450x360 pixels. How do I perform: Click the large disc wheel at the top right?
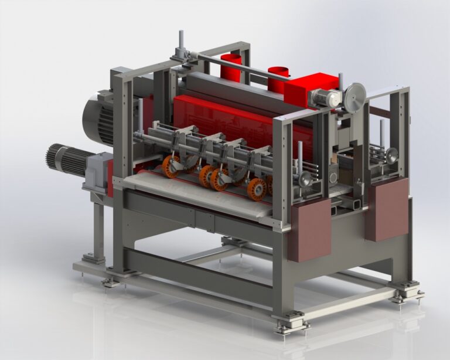354,97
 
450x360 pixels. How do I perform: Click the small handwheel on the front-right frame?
305,179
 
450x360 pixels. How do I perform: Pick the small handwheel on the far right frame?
391,155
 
